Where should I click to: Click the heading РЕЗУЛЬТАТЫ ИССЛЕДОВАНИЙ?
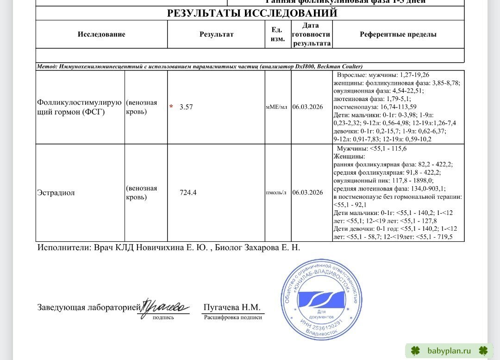click(x=252, y=13)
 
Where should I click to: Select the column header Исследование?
click(x=101, y=34)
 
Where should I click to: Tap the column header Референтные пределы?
click(x=398, y=34)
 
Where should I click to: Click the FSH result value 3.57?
click(x=186, y=107)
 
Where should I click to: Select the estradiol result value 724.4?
click(x=188, y=193)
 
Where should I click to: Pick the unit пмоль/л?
click(x=276, y=193)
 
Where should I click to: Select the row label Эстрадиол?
click(x=56, y=193)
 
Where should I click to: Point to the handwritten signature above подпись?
click(x=164, y=306)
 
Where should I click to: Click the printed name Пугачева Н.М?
click(x=232, y=308)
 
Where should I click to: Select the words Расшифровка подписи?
click(x=233, y=317)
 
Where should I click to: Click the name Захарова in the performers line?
click(x=257, y=248)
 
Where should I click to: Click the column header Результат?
click(x=216, y=34)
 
